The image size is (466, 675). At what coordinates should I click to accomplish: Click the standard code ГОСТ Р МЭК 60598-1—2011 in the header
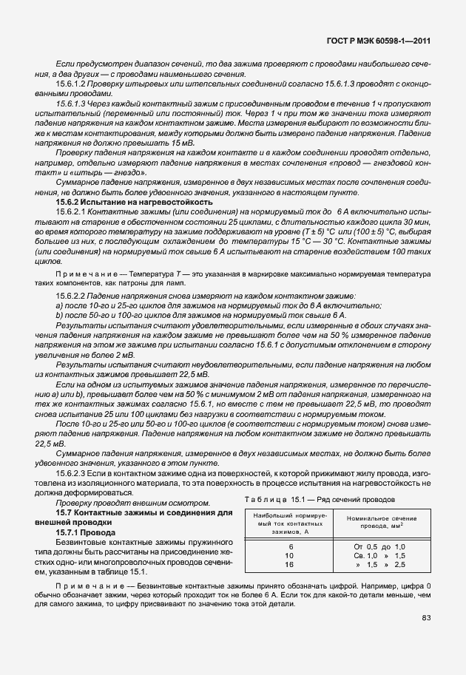tap(385, 42)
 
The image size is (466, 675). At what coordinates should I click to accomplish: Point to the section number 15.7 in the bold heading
tap(66, 512)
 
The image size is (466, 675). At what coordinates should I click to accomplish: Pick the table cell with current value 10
tap(290, 554)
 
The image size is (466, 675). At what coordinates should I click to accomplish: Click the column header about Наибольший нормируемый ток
tap(290, 522)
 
